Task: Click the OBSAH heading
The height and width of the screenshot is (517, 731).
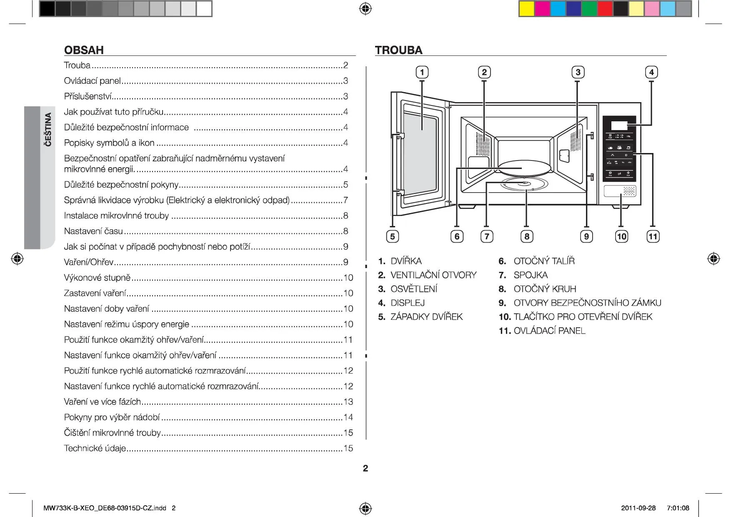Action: pyautogui.click(x=84, y=50)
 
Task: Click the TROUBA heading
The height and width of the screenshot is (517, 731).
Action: pyautogui.click(x=398, y=50)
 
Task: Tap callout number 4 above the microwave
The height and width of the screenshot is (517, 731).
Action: pyautogui.click(x=651, y=72)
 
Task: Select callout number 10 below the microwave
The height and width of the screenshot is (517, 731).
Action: pyautogui.click(x=621, y=236)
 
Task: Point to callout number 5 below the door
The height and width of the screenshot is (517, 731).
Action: pyautogui.click(x=392, y=236)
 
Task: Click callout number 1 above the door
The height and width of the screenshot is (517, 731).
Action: pyautogui.click(x=422, y=72)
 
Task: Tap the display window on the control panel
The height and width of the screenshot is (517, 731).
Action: pyautogui.click(x=619, y=125)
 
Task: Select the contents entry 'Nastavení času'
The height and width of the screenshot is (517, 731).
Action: pyautogui.click(x=93, y=231)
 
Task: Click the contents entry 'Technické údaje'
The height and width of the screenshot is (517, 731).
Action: pyautogui.click(x=95, y=448)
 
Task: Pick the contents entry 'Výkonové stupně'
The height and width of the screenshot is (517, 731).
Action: pyautogui.click(x=97, y=278)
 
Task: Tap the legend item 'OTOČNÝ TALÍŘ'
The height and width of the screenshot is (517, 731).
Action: pyautogui.click(x=544, y=261)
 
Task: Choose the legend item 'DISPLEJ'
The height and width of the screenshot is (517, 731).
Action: pyautogui.click(x=407, y=303)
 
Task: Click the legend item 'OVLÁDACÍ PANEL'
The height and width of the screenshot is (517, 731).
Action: pyautogui.click(x=549, y=331)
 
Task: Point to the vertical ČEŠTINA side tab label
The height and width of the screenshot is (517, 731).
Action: pyautogui.click(x=48, y=129)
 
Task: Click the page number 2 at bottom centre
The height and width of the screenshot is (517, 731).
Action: pyautogui.click(x=365, y=468)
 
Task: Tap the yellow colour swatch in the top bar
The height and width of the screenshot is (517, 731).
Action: pyautogui.click(x=526, y=9)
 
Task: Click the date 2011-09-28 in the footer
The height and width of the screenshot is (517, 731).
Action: pyautogui.click(x=638, y=508)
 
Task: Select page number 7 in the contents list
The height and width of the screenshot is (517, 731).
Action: pyautogui.click(x=345, y=200)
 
